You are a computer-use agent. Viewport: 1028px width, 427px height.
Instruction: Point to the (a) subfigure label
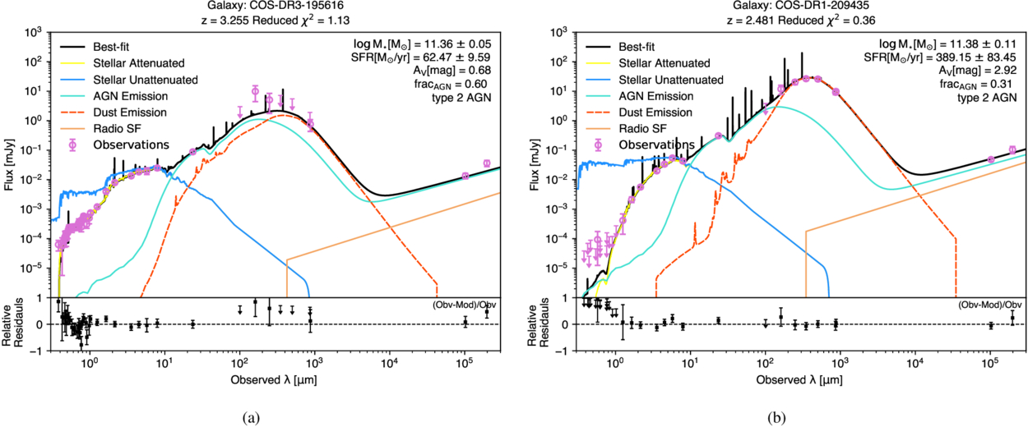(251, 417)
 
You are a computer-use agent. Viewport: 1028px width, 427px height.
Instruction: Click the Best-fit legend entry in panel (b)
(641, 46)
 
